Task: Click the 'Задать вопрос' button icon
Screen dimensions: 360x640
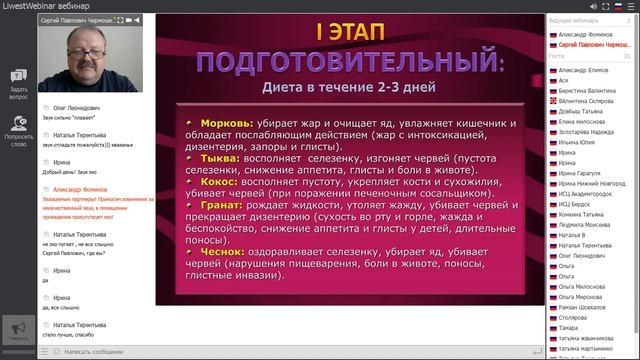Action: coord(18,75)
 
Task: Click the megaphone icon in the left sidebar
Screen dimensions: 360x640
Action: coord(17,327)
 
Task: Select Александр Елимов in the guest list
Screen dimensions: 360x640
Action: coord(585,71)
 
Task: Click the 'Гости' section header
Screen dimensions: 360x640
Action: coord(557,57)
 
